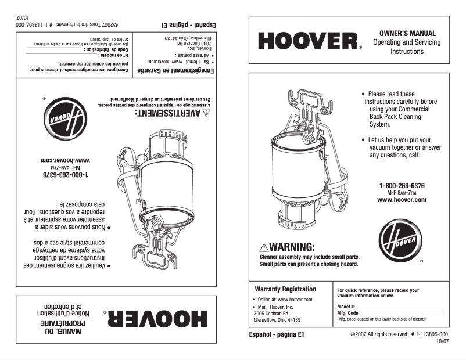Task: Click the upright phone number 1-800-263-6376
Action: pos(402,186)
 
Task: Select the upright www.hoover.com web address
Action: pos(402,200)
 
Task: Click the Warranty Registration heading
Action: pos(285,289)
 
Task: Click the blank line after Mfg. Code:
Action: pos(402,313)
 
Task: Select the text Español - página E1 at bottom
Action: pos(277,335)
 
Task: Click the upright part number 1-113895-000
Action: pos(429,335)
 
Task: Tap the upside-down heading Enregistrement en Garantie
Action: pos(180,71)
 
